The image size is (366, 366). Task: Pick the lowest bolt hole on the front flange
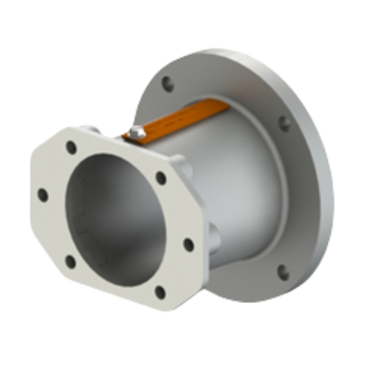coord(160,292)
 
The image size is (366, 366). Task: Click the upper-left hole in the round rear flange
coord(168,83)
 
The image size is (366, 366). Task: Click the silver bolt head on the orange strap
coord(135,133)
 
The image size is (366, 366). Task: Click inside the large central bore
coord(117,220)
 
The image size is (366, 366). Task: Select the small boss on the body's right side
coord(213,238)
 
